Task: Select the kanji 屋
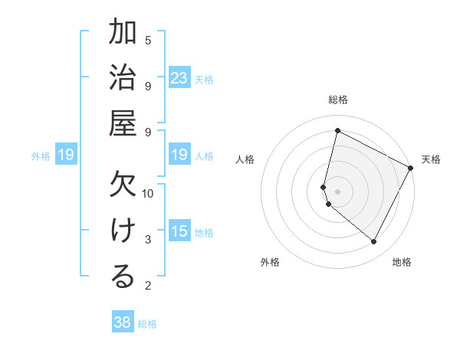pos(123,123)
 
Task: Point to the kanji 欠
pos(123,185)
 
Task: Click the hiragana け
pos(123,231)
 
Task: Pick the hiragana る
pos(123,277)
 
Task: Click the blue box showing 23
pos(179,78)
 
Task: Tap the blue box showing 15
pos(179,231)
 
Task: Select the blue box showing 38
pos(123,322)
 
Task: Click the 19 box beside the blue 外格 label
pos(66,155)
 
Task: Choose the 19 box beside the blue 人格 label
pos(179,155)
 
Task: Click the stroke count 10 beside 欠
pos(148,193)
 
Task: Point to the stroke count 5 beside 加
pos(148,40)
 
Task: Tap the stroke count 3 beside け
pos(148,240)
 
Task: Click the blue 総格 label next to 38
pos(147,324)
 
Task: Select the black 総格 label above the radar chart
pos(338,100)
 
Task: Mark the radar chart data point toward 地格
pos(374,241)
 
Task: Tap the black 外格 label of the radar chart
pos(270,262)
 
